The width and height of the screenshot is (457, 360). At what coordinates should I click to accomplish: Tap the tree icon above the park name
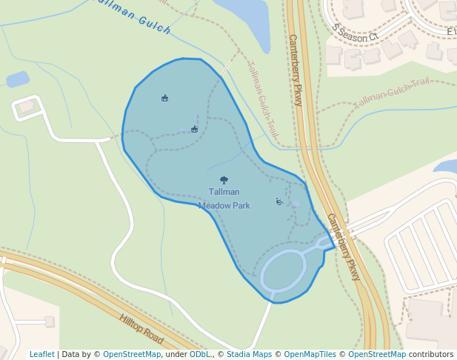click(224, 180)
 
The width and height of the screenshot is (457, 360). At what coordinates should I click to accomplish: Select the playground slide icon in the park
click(279, 201)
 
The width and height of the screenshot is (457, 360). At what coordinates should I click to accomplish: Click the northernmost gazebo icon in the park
click(164, 98)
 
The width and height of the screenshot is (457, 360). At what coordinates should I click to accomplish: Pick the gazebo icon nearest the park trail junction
click(194, 130)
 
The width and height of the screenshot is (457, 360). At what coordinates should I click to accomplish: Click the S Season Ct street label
click(355, 32)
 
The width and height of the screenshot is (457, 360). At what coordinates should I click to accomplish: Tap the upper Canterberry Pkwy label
click(296, 70)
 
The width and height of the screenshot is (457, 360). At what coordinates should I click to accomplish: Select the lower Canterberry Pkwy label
click(344, 247)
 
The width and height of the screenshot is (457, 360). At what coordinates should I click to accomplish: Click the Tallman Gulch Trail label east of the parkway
click(392, 93)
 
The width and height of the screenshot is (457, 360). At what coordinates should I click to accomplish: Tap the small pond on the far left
click(17, 79)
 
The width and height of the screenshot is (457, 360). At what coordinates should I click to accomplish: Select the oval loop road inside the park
click(283, 270)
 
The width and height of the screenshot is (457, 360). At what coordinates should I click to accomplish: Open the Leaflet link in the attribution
click(41, 354)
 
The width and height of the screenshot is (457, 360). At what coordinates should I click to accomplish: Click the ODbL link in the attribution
click(200, 354)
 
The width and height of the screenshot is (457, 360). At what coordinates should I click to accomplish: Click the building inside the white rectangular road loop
click(27, 107)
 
